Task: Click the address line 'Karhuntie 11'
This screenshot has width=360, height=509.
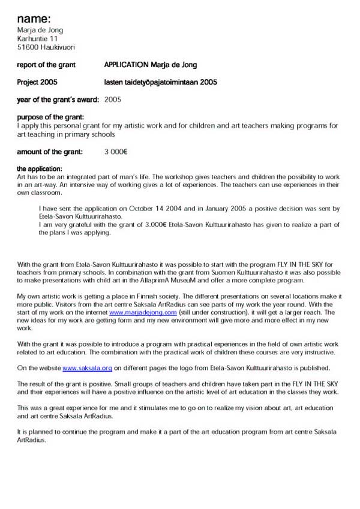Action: pos(38,38)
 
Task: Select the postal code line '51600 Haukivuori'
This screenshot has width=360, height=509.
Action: pos(46,47)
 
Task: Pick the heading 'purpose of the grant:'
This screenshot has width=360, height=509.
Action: pos(50,117)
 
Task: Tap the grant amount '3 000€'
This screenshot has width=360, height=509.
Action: pos(116,152)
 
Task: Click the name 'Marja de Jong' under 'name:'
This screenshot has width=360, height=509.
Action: pos(40,30)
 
